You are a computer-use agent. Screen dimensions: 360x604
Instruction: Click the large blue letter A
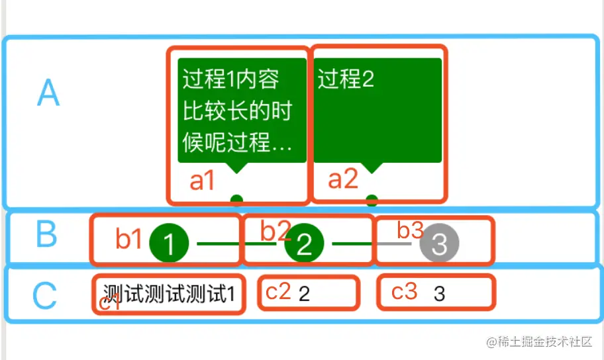(x=48, y=93)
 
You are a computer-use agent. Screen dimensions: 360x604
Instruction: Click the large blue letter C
(x=45, y=296)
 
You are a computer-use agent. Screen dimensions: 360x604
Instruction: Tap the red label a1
(x=202, y=181)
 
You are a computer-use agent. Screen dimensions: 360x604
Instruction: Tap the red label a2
(x=343, y=179)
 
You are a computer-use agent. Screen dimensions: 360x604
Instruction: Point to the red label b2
(x=275, y=230)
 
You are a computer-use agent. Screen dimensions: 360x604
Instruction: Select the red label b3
(x=410, y=230)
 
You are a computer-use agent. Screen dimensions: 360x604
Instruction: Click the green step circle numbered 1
(x=170, y=244)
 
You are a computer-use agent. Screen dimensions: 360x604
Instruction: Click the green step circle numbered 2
(x=304, y=244)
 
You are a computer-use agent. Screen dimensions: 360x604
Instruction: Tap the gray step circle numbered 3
(x=439, y=244)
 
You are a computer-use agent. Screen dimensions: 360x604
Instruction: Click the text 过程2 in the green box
(x=346, y=79)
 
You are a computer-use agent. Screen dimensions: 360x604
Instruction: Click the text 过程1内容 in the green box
(x=230, y=79)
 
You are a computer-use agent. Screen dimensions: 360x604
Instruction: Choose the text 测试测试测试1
(x=169, y=293)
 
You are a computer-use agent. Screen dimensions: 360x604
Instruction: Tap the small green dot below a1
(x=236, y=199)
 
